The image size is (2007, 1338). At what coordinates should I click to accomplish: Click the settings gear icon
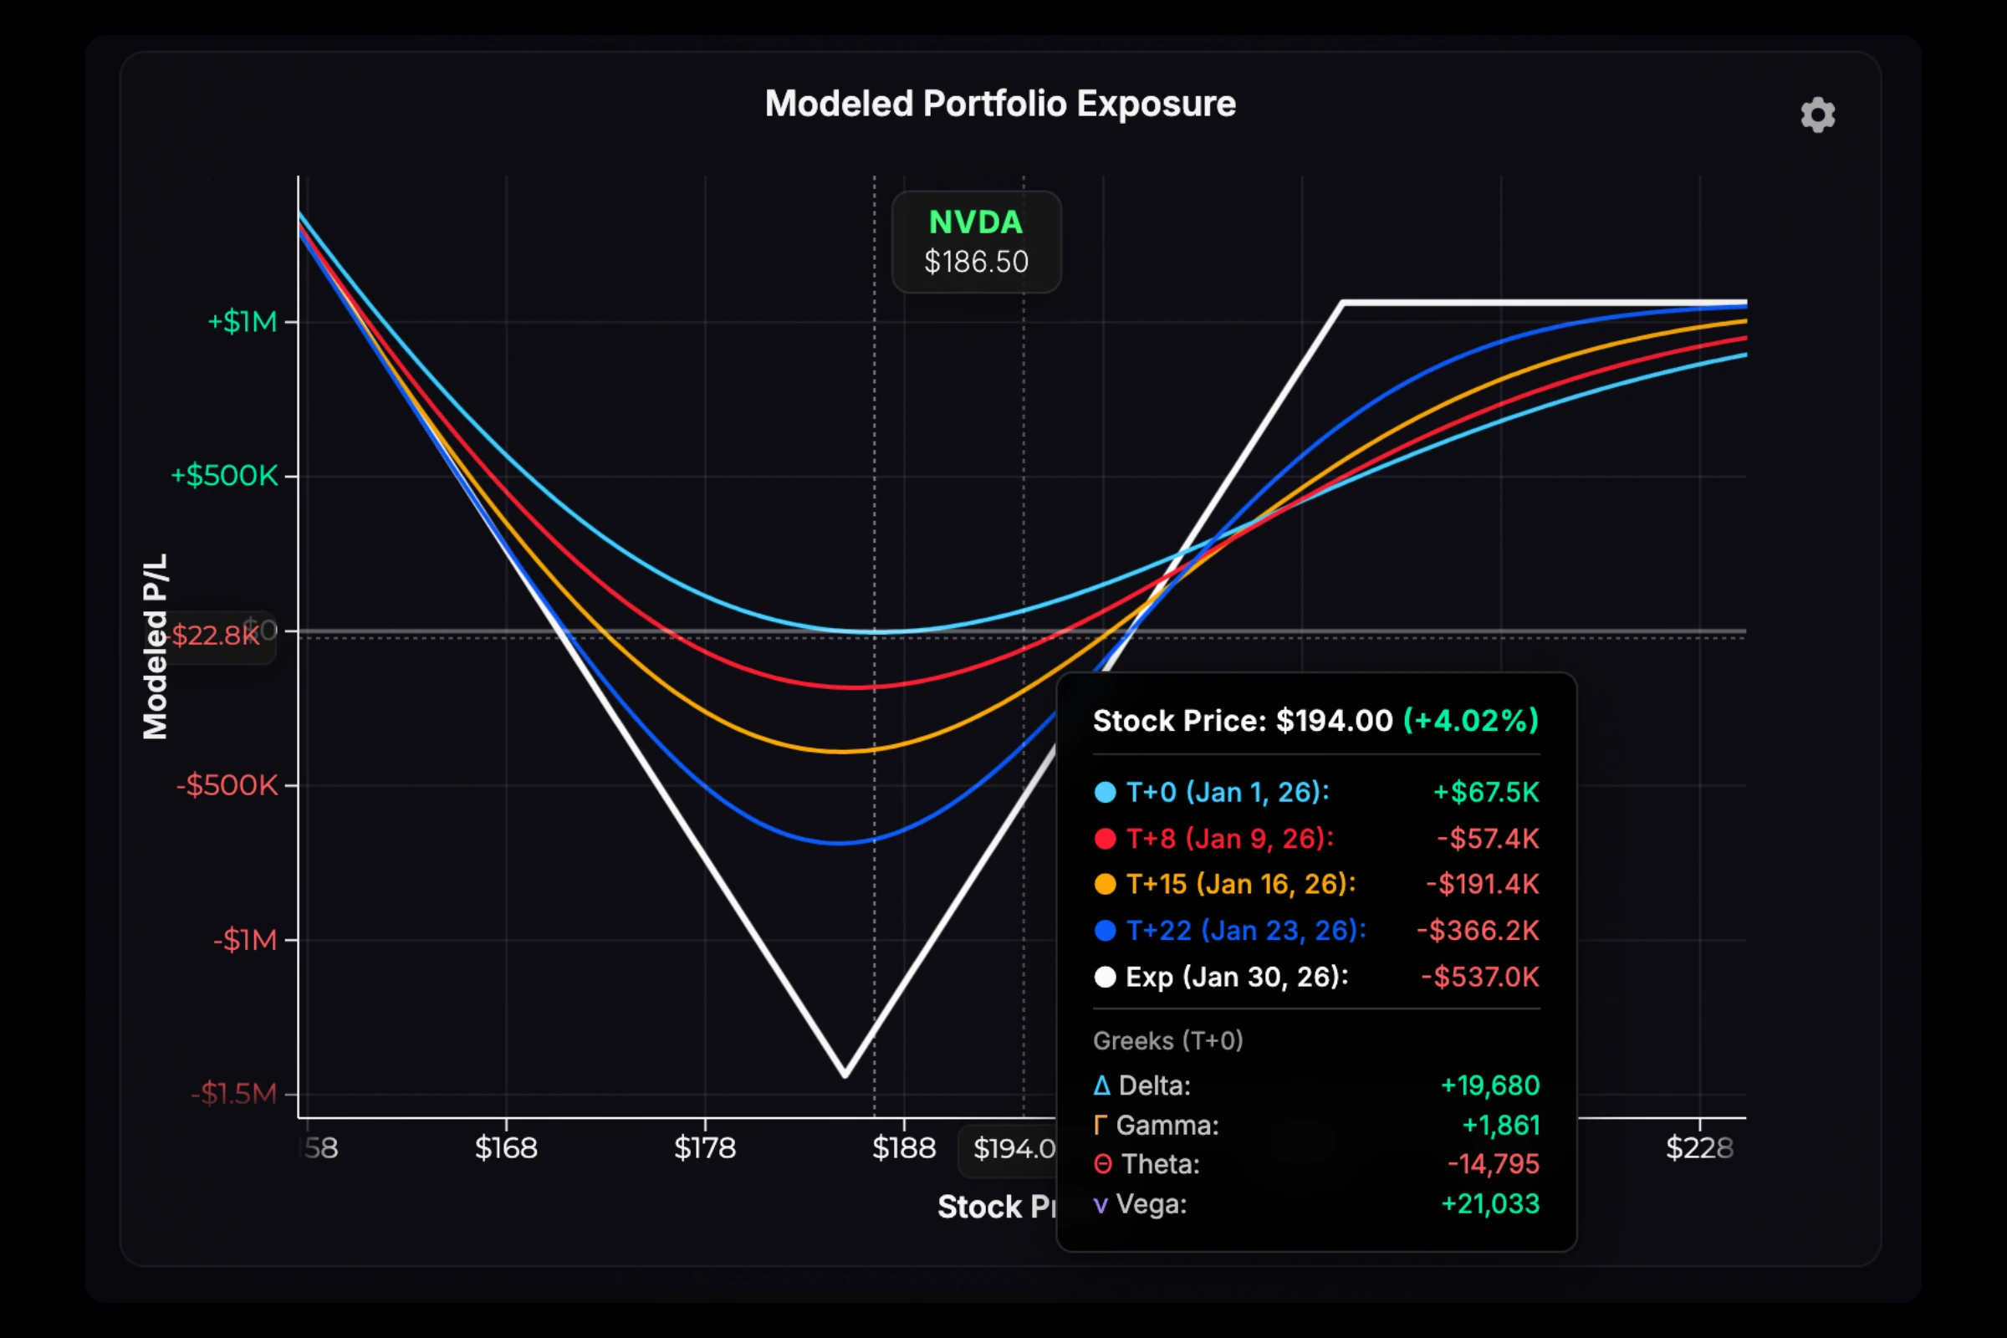pyautogui.click(x=1817, y=115)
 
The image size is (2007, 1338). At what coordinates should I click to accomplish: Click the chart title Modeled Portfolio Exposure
pyautogui.click(x=1000, y=104)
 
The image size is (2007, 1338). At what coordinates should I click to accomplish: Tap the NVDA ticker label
pyautogui.click(x=975, y=222)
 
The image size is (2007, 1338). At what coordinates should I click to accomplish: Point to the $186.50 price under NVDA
pyautogui.click(x=976, y=262)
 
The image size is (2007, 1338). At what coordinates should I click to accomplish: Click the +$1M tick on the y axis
pyautogui.click(x=243, y=322)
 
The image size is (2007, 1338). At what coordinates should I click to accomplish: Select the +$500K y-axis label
pyautogui.click(x=224, y=476)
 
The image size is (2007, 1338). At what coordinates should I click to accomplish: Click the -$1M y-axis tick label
pyautogui.click(x=246, y=940)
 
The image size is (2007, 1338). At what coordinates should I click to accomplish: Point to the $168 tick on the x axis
pyautogui.click(x=506, y=1147)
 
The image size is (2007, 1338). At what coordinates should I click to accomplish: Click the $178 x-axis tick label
pyautogui.click(x=705, y=1147)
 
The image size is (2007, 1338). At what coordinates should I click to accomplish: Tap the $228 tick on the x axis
pyautogui.click(x=1699, y=1147)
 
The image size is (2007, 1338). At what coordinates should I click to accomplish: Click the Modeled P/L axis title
pyautogui.click(x=156, y=646)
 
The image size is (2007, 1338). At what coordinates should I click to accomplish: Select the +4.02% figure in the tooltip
pyautogui.click(x=1470, y=720)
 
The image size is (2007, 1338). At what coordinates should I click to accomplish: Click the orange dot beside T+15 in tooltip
pyautogui.click(x=1105, y=884)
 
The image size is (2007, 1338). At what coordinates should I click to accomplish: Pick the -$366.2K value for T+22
pyautogui.click(x=1477, y=930)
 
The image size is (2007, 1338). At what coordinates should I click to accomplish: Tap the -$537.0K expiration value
pyautogui.click(x=1479, y=976)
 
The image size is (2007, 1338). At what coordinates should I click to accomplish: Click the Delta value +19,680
pyautogui.click(x=1490, y=1085)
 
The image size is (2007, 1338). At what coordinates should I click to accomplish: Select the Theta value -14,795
pyautogui.click(x=1494, y=1164)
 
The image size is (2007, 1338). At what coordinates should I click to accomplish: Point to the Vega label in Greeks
pyautogui.click(x=1151, y=1204)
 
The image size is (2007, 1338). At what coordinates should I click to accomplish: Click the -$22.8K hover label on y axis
pyautogui.click(x=215, y=636)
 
